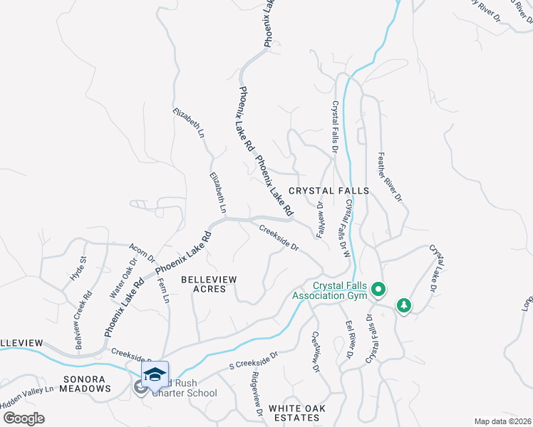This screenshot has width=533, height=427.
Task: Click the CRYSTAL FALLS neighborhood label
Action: tap(328, 191)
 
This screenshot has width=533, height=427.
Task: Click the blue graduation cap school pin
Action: tap(155, 374)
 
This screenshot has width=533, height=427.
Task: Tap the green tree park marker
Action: tap(404, 305)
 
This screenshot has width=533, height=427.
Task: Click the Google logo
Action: tap(23, 418)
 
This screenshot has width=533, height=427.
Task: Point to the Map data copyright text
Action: tap(503, 421)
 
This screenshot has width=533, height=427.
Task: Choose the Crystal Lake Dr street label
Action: tap(433, 268)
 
